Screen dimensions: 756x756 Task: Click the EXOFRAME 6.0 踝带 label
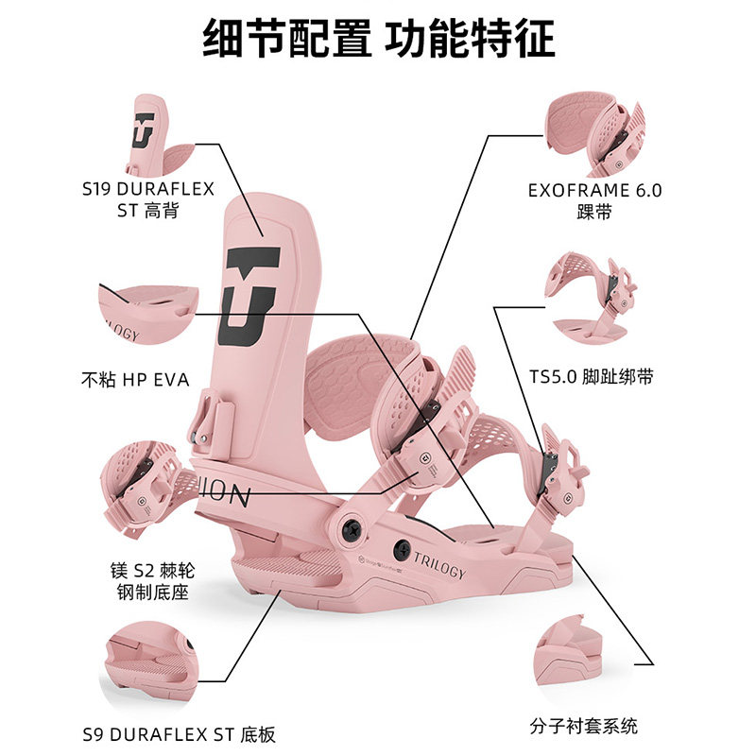(x=594, y=200)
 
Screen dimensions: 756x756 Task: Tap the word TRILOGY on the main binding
(x=438, y=569)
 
